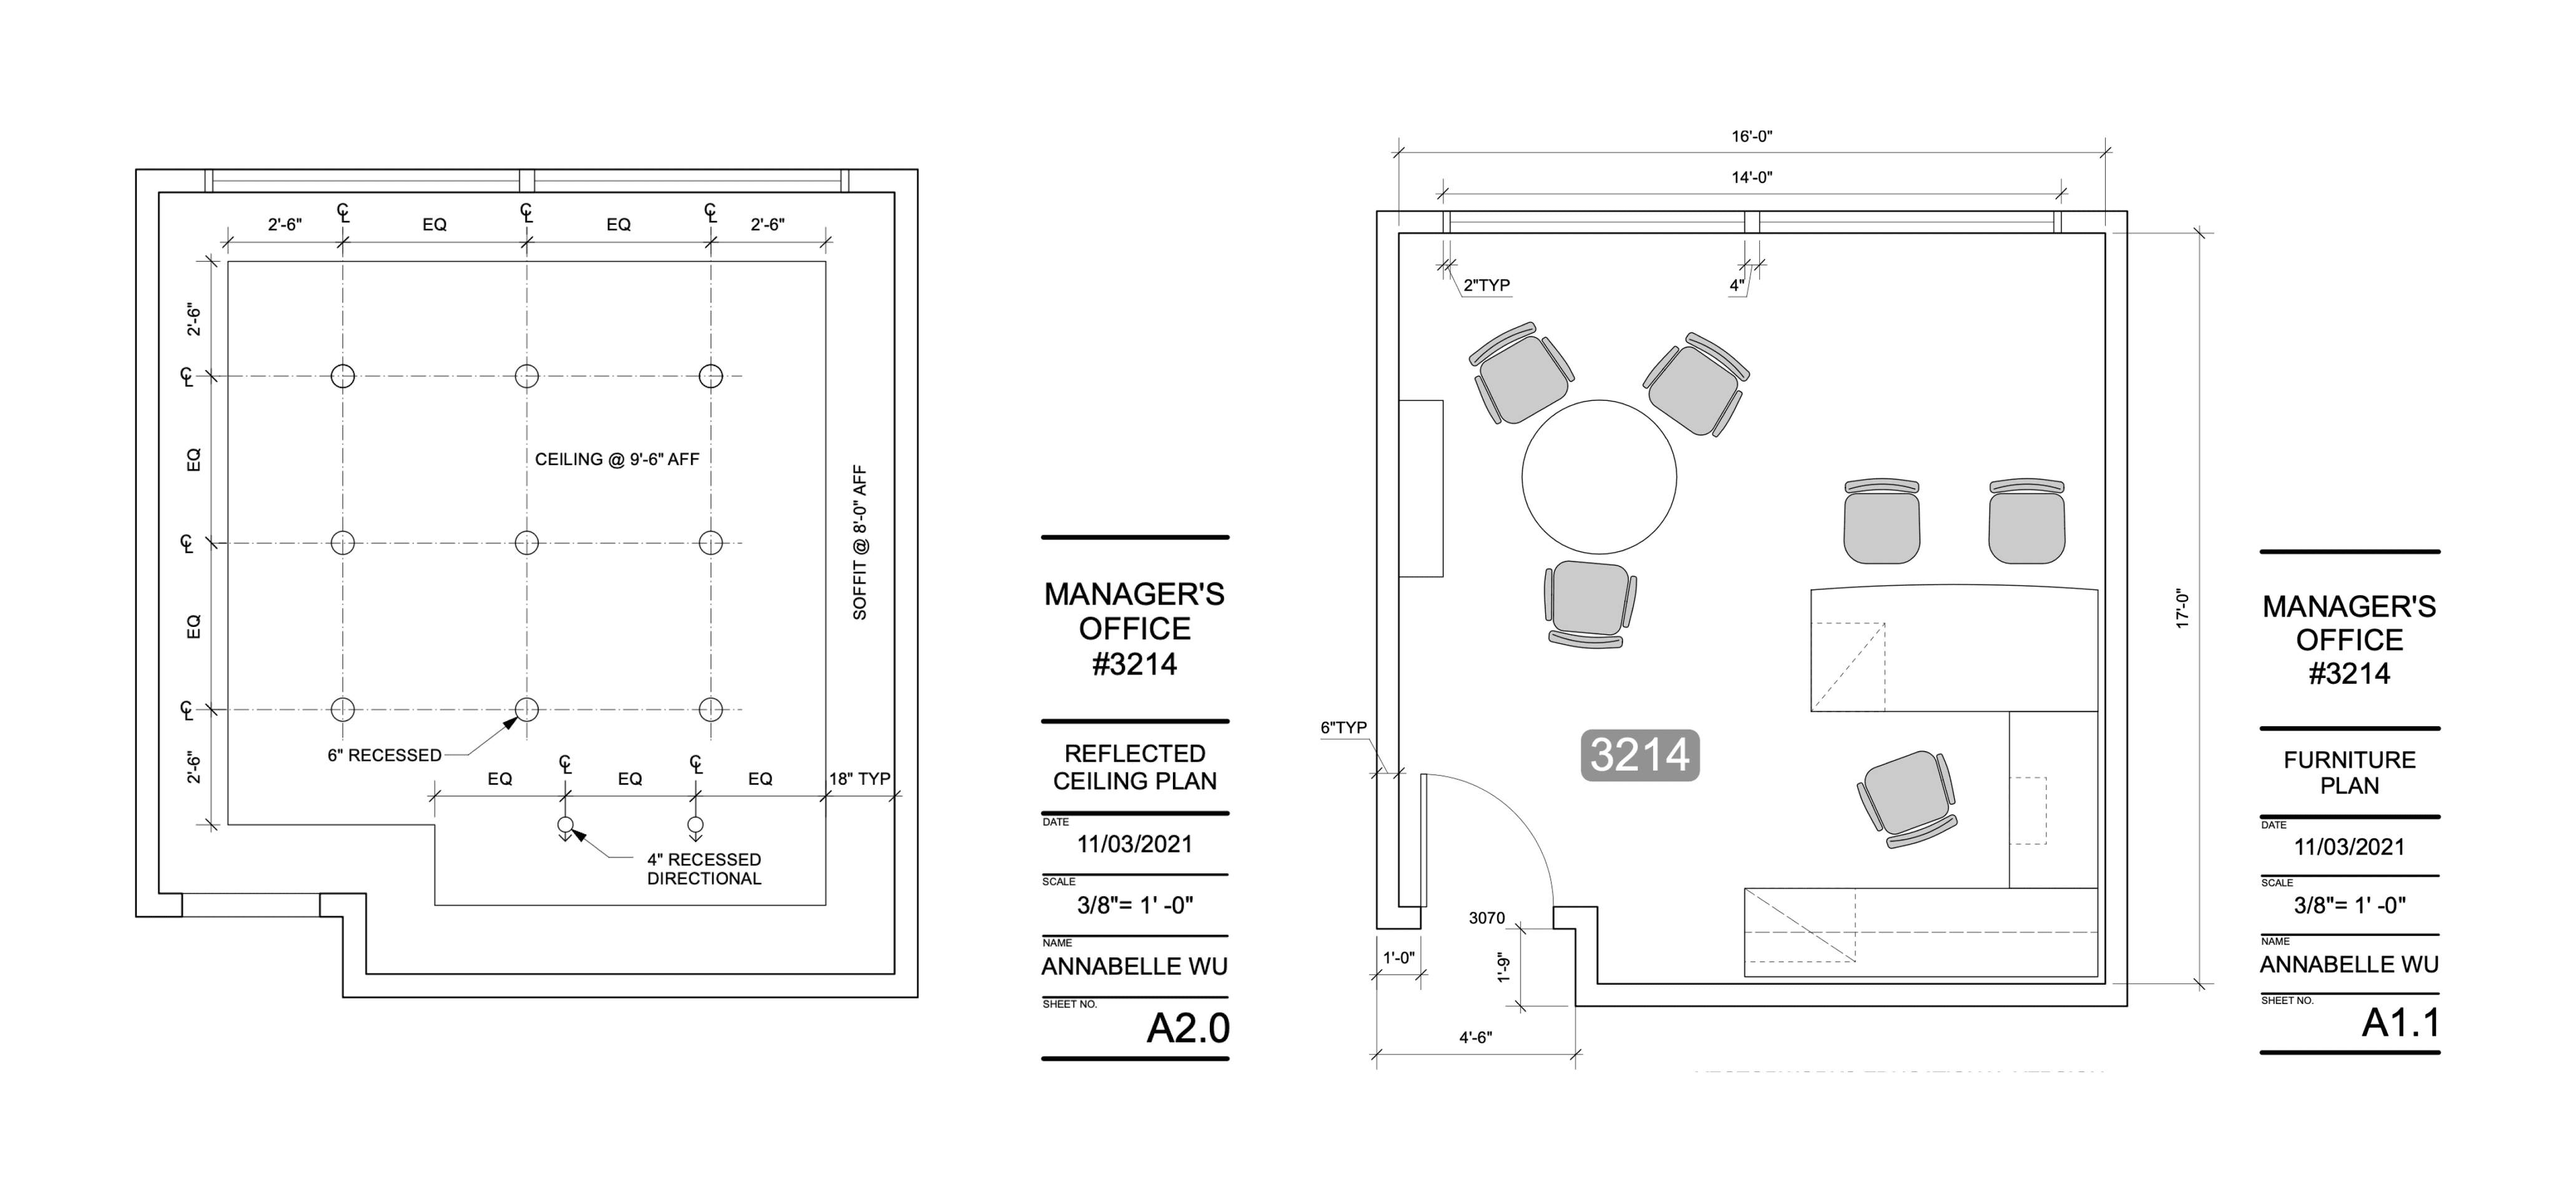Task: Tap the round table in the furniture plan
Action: click(1599, 476)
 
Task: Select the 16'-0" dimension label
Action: click(1752, 136)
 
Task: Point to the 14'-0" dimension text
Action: click(1752, 178)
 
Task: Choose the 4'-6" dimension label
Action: click(1475, 1037)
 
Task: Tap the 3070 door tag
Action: click(1487, 918)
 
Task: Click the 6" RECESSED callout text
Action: click(384, 756)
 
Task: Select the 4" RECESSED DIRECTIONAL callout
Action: click(704, 869)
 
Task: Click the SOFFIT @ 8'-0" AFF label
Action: click(860, 542)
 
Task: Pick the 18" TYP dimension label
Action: click(860, 779)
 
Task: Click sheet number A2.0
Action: click(1188, 1028)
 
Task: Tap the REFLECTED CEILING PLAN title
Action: click(1134, 767)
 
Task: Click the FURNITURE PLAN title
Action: click(2350, 772)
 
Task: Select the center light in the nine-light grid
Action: click(527, 543)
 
